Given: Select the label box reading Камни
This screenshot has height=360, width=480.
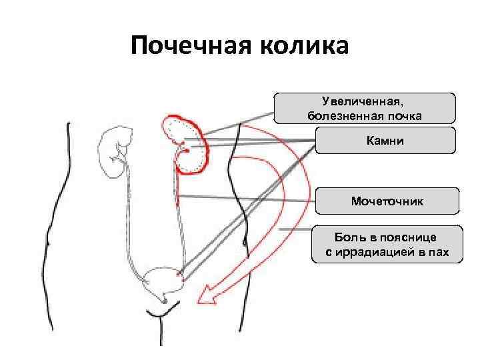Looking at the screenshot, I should point(385,141).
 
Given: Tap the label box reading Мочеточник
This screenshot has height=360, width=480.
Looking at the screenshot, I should point(387,201).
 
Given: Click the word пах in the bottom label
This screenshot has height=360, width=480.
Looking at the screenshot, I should point(439,253).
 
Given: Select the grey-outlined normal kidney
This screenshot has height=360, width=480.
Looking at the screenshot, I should point(114,153).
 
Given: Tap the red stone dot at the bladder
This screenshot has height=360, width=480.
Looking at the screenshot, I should point(177,273).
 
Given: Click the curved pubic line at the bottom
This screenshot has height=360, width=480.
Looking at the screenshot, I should point(160,312).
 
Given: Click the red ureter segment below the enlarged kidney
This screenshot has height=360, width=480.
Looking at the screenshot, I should point(179,187).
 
